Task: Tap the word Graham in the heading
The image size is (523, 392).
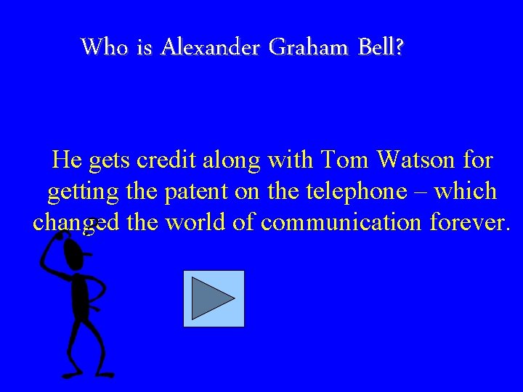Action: [309, 48]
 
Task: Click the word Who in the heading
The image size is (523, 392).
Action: [105, 48]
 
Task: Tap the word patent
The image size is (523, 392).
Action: [198, 192]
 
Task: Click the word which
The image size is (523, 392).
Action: [466, 192]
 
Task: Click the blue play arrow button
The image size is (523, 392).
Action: [214, 298]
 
